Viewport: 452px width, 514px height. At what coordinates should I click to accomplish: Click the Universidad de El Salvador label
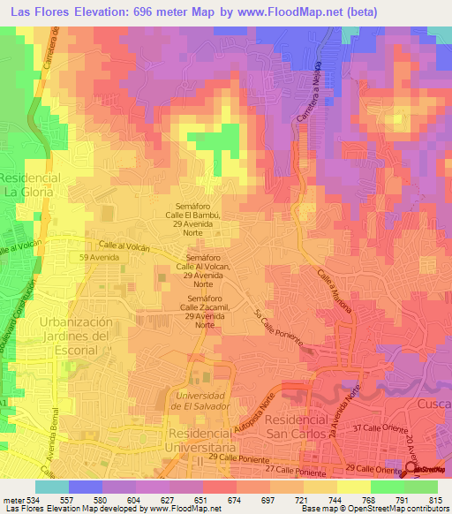pos(201,400)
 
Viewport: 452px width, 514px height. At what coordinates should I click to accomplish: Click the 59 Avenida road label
pos(98,257)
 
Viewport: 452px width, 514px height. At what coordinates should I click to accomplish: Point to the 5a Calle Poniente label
pos(278,328)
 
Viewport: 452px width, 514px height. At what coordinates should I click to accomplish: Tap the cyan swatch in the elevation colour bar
pos(52,487)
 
